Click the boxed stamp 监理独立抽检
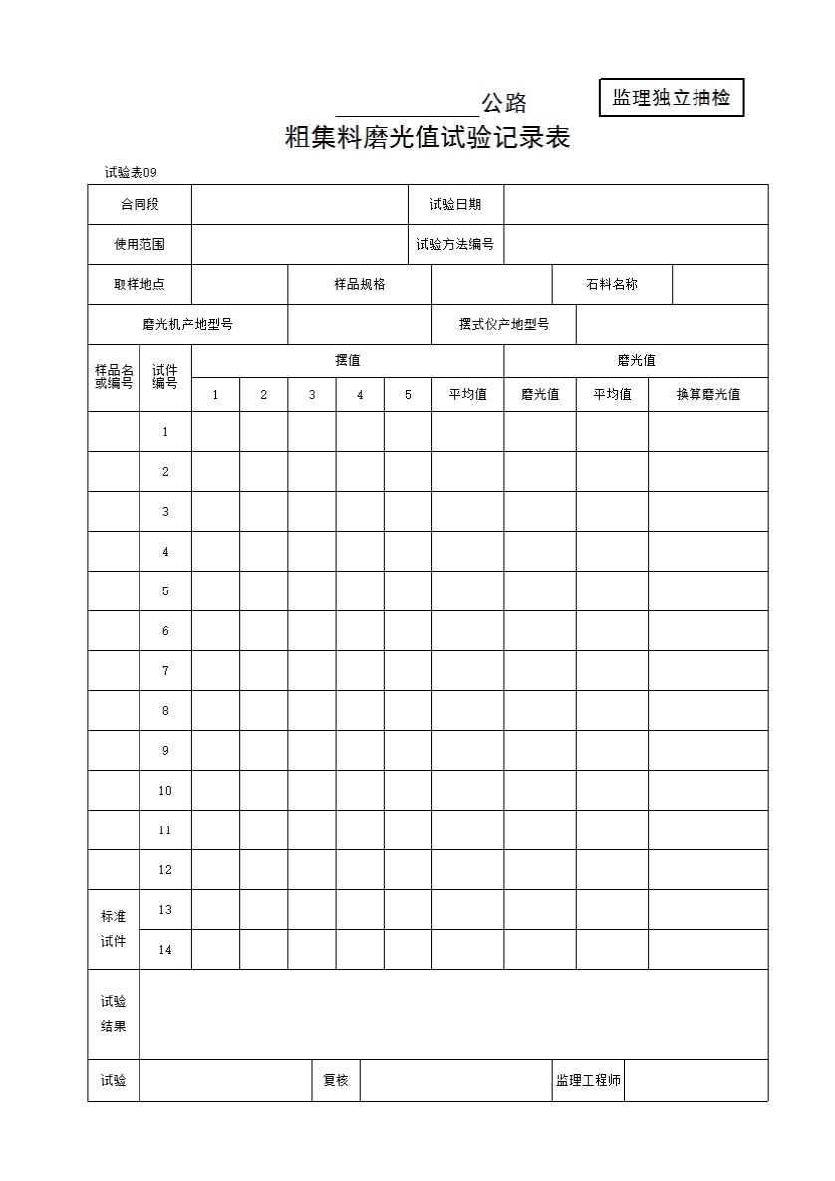click(672, 98)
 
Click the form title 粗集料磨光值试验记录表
click(427, 138)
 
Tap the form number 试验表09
click(131, 173)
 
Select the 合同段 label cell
click(139, 204)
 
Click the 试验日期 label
click(455, 204)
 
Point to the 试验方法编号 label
click(455, 244)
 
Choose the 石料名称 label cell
click(612, 284)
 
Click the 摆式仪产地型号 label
click(503, 324)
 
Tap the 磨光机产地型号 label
click(187, 324)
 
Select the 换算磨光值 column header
click(707, 394)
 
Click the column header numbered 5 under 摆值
click(408, 395)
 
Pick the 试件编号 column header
click(165, 377)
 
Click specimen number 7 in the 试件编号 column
click(165, 671)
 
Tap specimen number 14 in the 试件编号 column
click(165, 950)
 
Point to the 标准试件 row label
click(114, 929)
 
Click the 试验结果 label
click(114, 1014)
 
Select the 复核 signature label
click(336, 1080)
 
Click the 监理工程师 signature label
click(588, 1080)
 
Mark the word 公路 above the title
click(504, 103)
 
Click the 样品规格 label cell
click(359, 284)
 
